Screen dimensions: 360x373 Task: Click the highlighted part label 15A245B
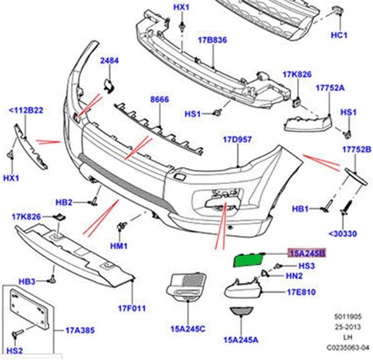click(307, 253)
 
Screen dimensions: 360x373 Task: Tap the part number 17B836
click(212, 41)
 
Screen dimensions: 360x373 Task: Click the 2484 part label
click(109, 61)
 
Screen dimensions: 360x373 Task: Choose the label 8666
click(159, 99)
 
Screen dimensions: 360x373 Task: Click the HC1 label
click(339, 35)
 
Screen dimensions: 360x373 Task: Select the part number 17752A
click(330, 88)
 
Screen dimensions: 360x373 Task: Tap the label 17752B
click(357, 149)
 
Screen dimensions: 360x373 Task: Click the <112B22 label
click(26, 110)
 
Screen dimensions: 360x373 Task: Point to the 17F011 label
click(131, 308)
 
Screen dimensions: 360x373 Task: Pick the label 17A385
click(80, 330)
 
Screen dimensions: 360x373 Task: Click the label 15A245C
click(188, 329)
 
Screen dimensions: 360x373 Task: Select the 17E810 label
click(301, 292)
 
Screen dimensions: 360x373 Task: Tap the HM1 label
click(121, 246)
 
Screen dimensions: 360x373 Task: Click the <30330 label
click(343, 234)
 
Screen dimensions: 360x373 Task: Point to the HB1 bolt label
click(300, 209)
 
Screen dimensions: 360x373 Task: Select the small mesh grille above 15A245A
click(242, 311)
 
